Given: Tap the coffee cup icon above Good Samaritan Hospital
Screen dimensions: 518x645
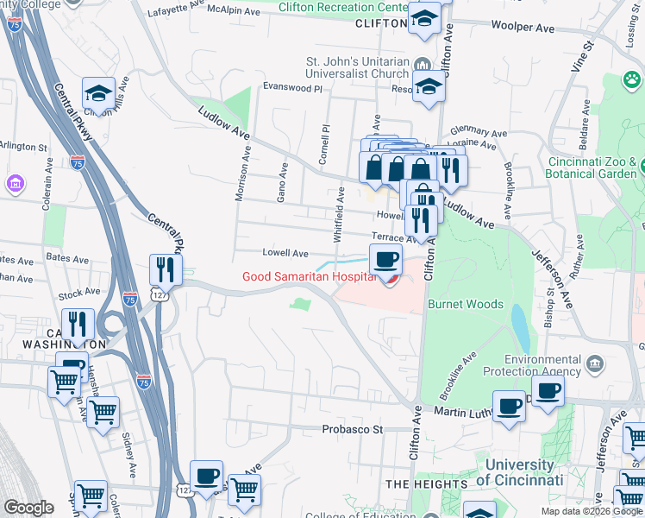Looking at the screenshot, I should (385, 257).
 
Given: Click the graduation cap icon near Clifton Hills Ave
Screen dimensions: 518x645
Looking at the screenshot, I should (98, 92).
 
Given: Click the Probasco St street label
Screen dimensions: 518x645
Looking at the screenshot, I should (352, 428).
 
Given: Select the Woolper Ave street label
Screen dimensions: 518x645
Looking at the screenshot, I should (523, 28).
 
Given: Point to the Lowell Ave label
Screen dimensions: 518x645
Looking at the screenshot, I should (285, 254).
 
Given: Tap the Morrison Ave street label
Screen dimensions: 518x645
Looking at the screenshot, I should (244, 173).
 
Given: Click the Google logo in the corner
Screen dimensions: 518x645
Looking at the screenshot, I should (28, 508).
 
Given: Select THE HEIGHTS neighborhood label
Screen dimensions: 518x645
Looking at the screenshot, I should (419, 484).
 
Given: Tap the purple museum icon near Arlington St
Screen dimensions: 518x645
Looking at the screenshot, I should (14, 183).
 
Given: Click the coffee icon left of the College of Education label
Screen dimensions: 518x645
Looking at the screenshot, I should (207, 476).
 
